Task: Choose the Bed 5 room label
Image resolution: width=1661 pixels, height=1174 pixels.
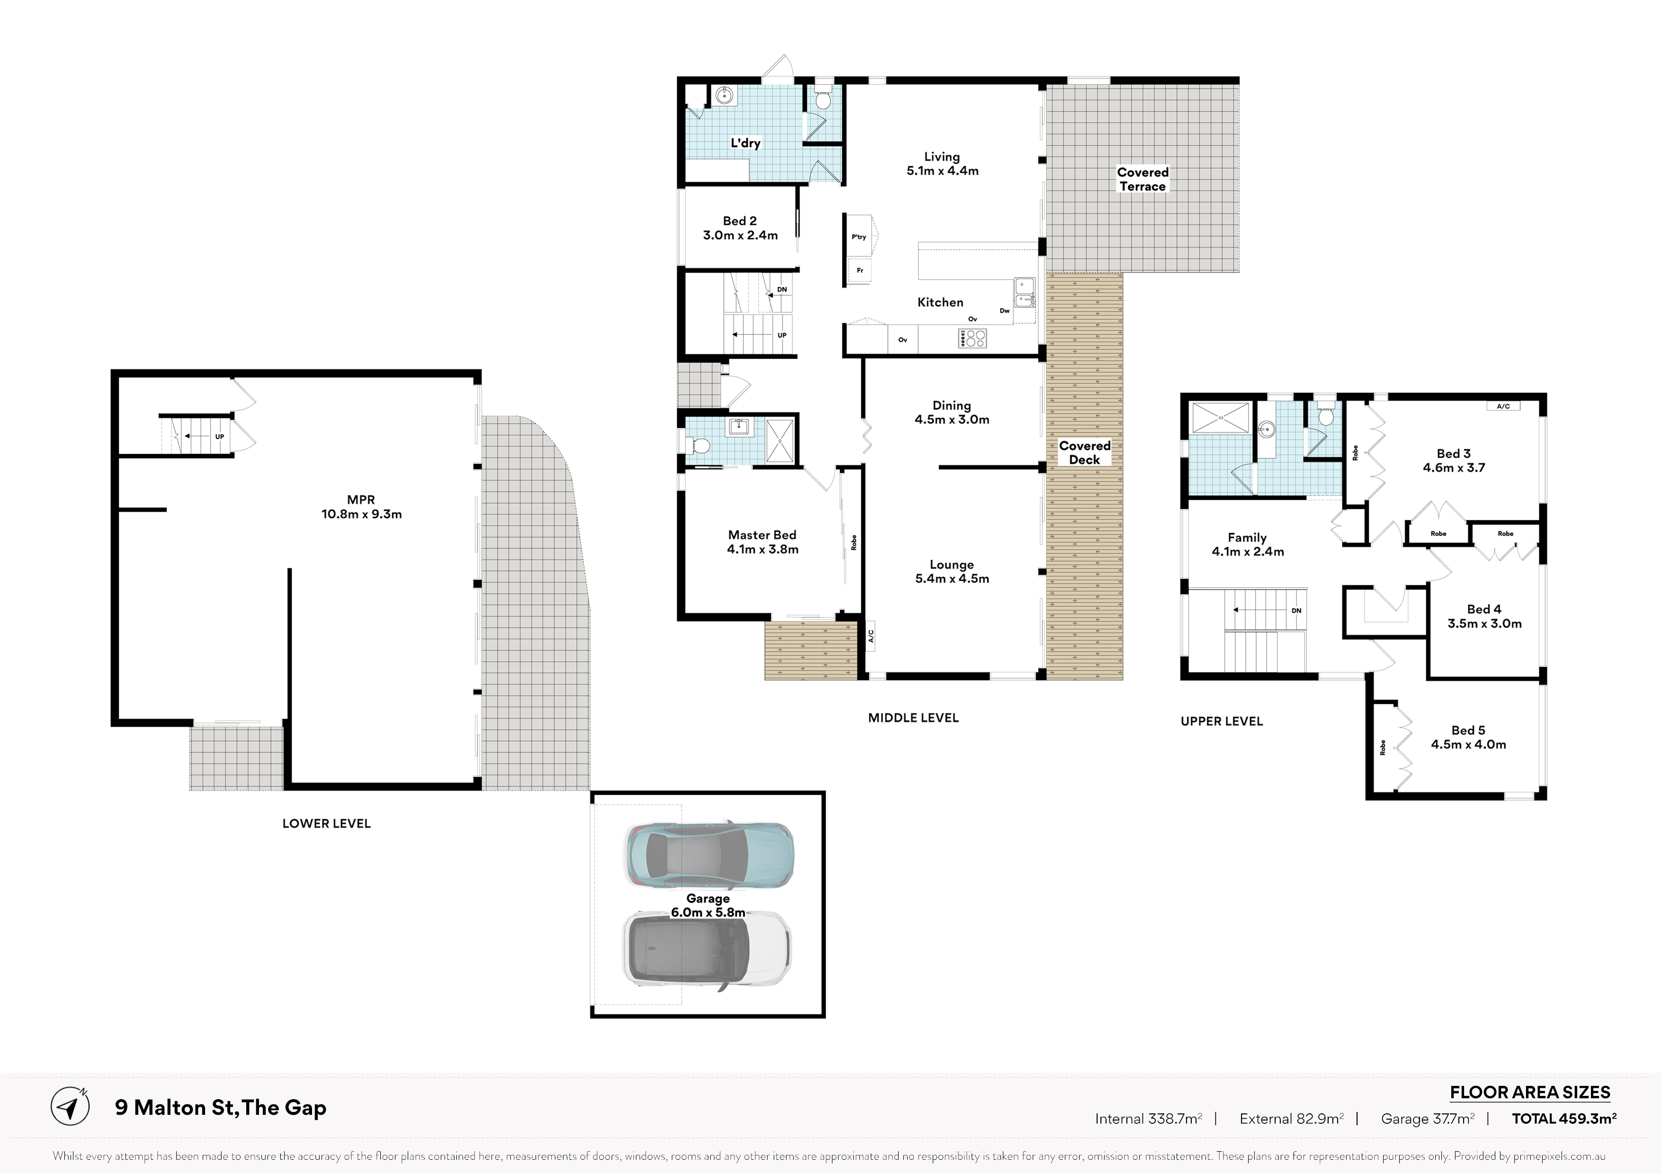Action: click(1468, 730)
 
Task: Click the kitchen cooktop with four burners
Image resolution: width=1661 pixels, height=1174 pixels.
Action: click(972, 338)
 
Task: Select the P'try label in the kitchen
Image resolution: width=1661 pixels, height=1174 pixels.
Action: click(859, 237)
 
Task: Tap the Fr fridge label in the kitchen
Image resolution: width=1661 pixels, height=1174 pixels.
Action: click(860, 270)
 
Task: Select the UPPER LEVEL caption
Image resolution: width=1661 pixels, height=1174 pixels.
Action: click(1222, 721)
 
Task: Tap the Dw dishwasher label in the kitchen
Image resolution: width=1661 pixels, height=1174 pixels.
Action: click(1005, 311)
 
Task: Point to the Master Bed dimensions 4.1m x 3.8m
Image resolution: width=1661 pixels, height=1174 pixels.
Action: click(762, 549)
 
